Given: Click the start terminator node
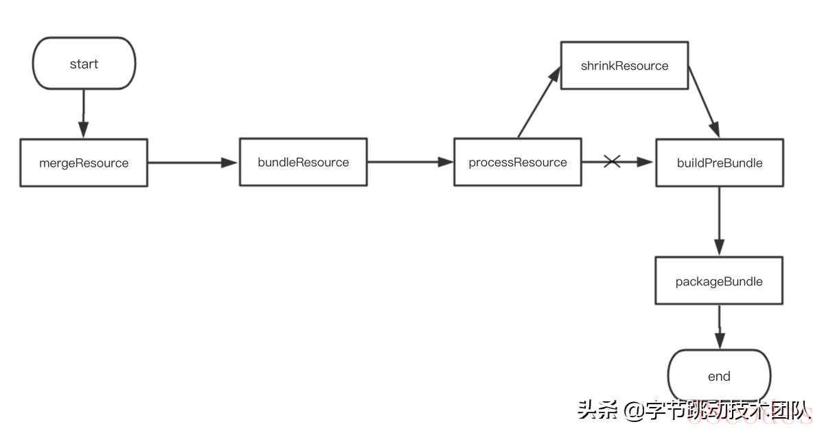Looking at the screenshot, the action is (x=84, y=63).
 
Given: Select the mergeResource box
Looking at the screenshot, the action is (x=84, y=163).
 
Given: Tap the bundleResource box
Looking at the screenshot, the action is (x=303, y=162).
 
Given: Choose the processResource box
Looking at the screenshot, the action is (x=518, y=162).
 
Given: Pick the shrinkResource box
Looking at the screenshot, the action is (x=624, y=65).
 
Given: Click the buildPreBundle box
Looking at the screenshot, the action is (x=720, y=163).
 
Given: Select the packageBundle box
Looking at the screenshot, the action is (x=719, y=281).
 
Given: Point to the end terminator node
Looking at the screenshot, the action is (x=719, y=375).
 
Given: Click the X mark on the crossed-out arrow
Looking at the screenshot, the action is (x=612, y=161).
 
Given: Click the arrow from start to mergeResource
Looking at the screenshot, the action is (x=84, y=114).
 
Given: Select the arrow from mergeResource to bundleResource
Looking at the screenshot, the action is (x=193, y=163).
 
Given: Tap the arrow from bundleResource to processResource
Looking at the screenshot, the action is (x=411, y=162).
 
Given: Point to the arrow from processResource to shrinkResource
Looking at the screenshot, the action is (x=539, y=102).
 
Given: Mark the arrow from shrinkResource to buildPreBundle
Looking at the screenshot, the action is (x=704, y=102).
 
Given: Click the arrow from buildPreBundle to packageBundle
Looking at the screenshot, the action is (x=720, y=221).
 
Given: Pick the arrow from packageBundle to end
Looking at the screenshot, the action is (x=720, y=327).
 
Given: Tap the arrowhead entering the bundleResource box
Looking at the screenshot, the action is (x=229, y=163).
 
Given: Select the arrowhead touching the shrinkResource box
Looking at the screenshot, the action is (x=555, y=75).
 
